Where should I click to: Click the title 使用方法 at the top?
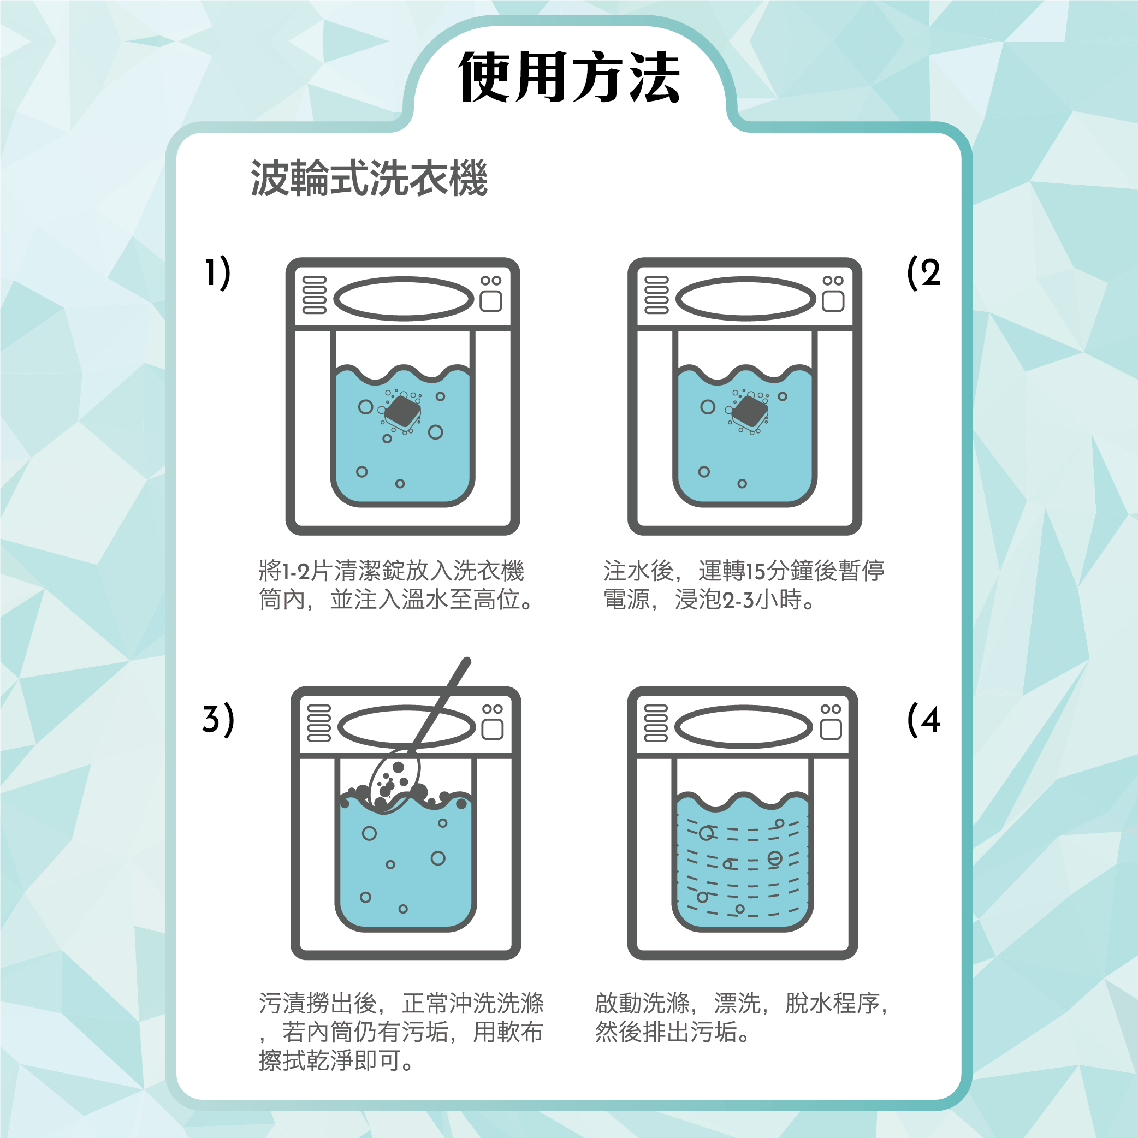coord(569,76)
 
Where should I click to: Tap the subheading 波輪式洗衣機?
coord(369,179)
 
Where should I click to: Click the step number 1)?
coord(217,272)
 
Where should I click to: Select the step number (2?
coord(923,272)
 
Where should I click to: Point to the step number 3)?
coord(218,719)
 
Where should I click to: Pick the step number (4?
coord(923,719)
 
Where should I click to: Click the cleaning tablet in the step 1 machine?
coord(403,412)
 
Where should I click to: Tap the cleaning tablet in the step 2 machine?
coord(750,412)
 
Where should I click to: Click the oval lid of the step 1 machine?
coord(404,299)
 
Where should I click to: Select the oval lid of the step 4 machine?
coord(743,727)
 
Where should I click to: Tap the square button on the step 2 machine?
coord(833,301)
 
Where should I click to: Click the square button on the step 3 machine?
coord(493,730)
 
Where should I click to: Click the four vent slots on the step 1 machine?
coord(314,294)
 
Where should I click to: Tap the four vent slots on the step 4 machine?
coord(656,723)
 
